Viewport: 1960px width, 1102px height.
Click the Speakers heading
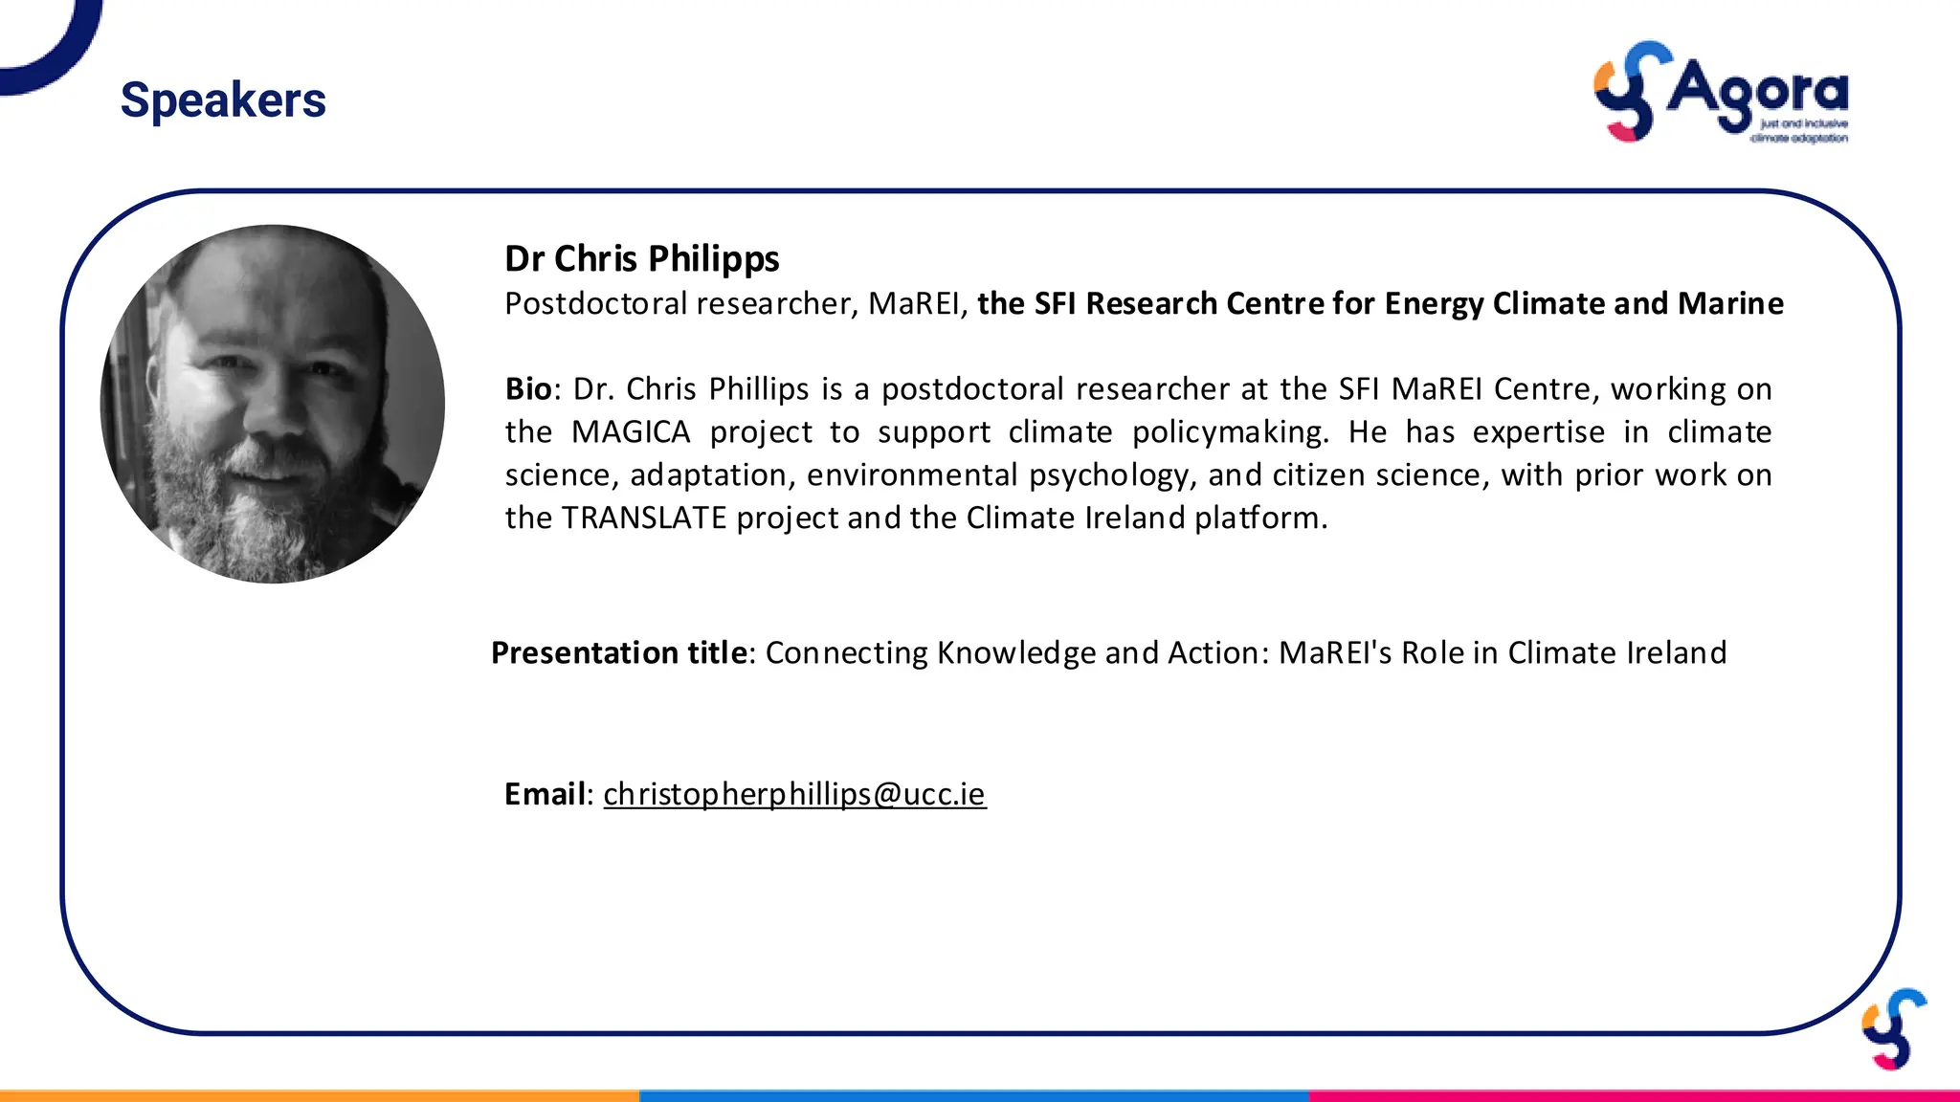tap(223, 100)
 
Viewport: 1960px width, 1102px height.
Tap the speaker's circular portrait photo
tap(273, 404)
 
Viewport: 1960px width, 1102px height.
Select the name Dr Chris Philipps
tap(641, 259)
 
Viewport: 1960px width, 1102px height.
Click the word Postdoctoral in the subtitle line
tap(595, 304)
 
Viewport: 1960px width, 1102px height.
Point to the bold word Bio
tap(528, 389)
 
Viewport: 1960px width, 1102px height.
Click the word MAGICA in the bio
tap(631, 432)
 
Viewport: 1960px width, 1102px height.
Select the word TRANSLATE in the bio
tap(644, 518)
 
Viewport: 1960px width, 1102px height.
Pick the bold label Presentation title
tap(619, 653)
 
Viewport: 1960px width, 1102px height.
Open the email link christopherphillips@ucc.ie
tap(794, 794)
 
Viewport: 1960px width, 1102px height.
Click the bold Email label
tap(545, 794)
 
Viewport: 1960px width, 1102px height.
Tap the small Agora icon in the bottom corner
tap(1894, 1029)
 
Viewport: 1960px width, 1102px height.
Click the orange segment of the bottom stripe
tap(319, 1095)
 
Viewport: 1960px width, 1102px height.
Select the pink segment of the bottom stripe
tap(1634, 1095)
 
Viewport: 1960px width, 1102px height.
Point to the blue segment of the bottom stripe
tap(973, 1095)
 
